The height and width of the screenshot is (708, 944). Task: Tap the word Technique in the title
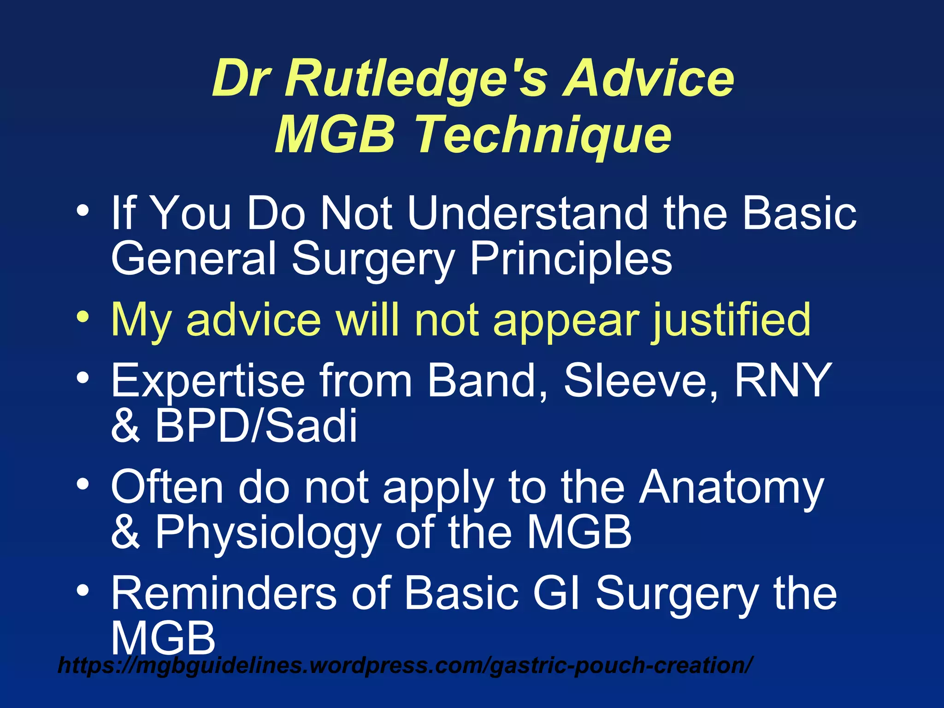point(543,135)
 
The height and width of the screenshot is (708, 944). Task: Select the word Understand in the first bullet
point(528,213)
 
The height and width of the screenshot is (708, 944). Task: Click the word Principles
point(571,259)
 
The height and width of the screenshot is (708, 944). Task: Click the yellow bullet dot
point(83,318)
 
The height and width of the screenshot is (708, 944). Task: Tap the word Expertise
point(207,381)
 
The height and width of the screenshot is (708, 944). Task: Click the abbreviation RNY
point(783,380)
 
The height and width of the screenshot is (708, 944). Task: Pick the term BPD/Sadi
point(256,425)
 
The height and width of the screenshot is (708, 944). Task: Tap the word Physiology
point(267,532)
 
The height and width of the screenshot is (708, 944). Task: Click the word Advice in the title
point(648,79)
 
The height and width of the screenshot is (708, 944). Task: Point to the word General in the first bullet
point(194,259)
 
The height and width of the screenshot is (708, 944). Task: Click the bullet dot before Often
point(83,484)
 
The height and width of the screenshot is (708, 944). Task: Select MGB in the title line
point(335,135)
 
